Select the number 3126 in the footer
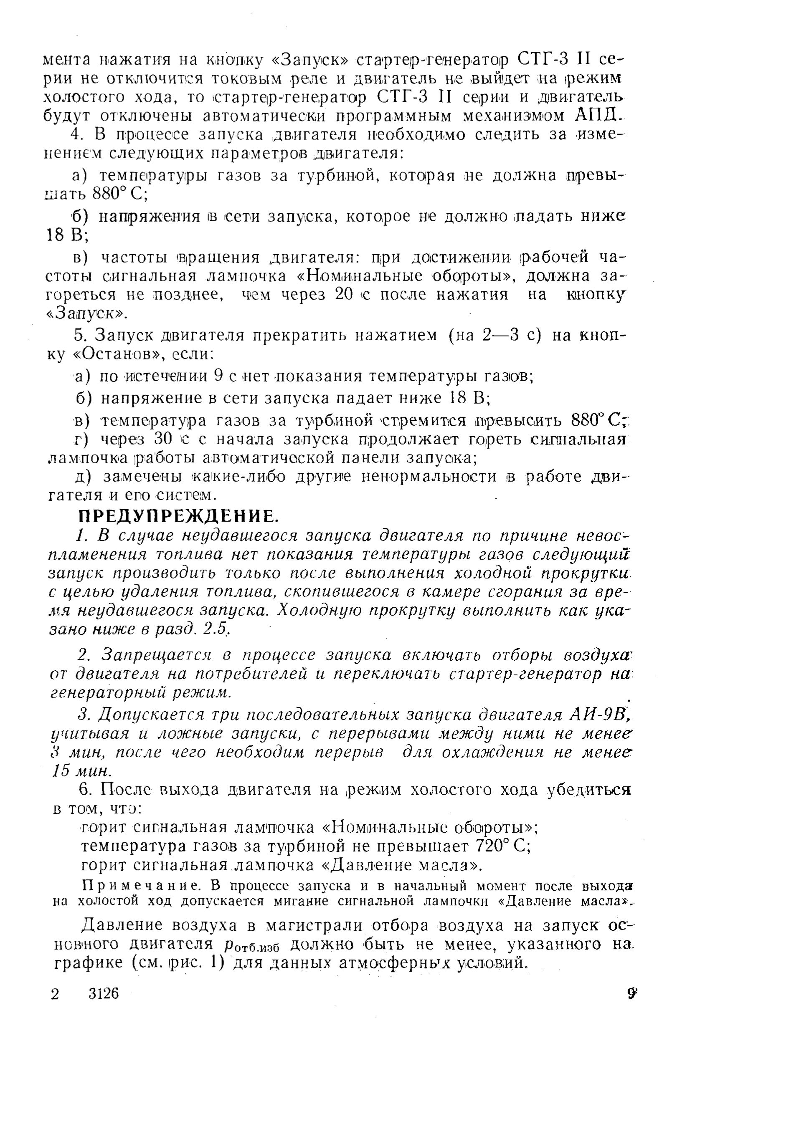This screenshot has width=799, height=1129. (104, 993)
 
